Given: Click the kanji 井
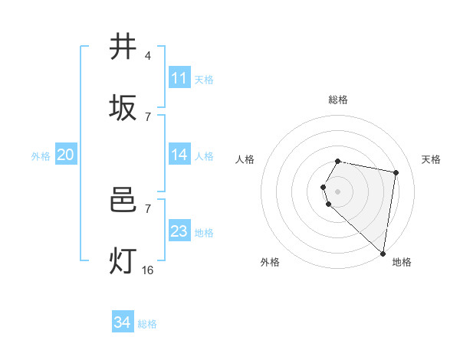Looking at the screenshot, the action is pos(123,47).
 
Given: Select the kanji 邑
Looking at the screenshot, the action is pos(123,201).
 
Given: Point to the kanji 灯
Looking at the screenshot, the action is pos(123,261).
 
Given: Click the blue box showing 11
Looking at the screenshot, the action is pos(179,78).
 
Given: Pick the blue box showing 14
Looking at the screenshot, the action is pos(179,155).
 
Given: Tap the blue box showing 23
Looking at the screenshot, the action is pos(179,231).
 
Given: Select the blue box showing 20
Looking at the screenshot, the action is pos(65,155).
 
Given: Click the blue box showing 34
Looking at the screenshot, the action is pos(122,322).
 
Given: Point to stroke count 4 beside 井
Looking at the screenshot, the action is pos(148,55).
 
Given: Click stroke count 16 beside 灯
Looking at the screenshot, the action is pos(148,270).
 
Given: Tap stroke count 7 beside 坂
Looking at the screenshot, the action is pos(148,116).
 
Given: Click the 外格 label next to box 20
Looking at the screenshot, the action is pos(41,156).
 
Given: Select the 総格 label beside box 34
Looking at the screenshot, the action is pos(147,324).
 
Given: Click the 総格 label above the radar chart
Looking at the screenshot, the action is pos(338,100).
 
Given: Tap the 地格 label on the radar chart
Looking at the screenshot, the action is pos(402,262).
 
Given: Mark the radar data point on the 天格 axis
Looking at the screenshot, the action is pos(396,172).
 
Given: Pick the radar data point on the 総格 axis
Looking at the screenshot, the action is pos(338,161).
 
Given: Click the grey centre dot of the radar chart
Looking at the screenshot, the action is pos(338,191).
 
